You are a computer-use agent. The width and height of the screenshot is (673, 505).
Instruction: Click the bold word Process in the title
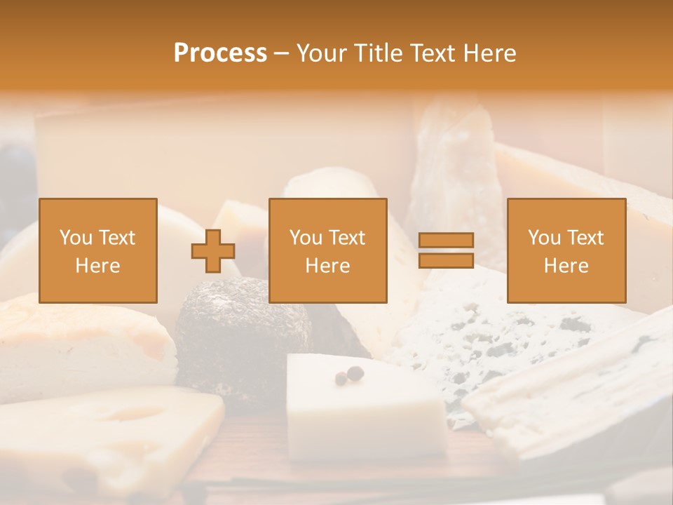click(x=220, y=53)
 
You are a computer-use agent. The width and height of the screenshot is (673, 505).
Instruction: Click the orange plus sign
click(x=213, y=251)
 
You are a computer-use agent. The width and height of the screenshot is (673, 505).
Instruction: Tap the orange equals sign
click(x=446, y=250)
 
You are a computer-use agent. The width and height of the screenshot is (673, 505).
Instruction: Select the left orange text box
click(x=97, y=250)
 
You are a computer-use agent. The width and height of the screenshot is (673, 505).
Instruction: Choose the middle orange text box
click(x=327, y=250)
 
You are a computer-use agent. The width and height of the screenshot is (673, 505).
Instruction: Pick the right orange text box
click(x=566, y=250)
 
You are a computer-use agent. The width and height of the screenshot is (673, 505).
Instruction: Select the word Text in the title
click(x=429, y=53)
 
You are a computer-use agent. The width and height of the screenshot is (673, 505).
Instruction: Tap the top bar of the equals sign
click(x=446, y=241)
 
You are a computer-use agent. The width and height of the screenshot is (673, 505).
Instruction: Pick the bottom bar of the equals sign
click(x=446, y=260)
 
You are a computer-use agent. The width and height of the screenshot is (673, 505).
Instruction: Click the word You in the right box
click(x=544, y=238)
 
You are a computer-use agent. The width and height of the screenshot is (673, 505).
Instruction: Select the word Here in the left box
click(x=97, y=266)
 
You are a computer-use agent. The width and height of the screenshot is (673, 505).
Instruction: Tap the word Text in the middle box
click(x=347, y=238)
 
